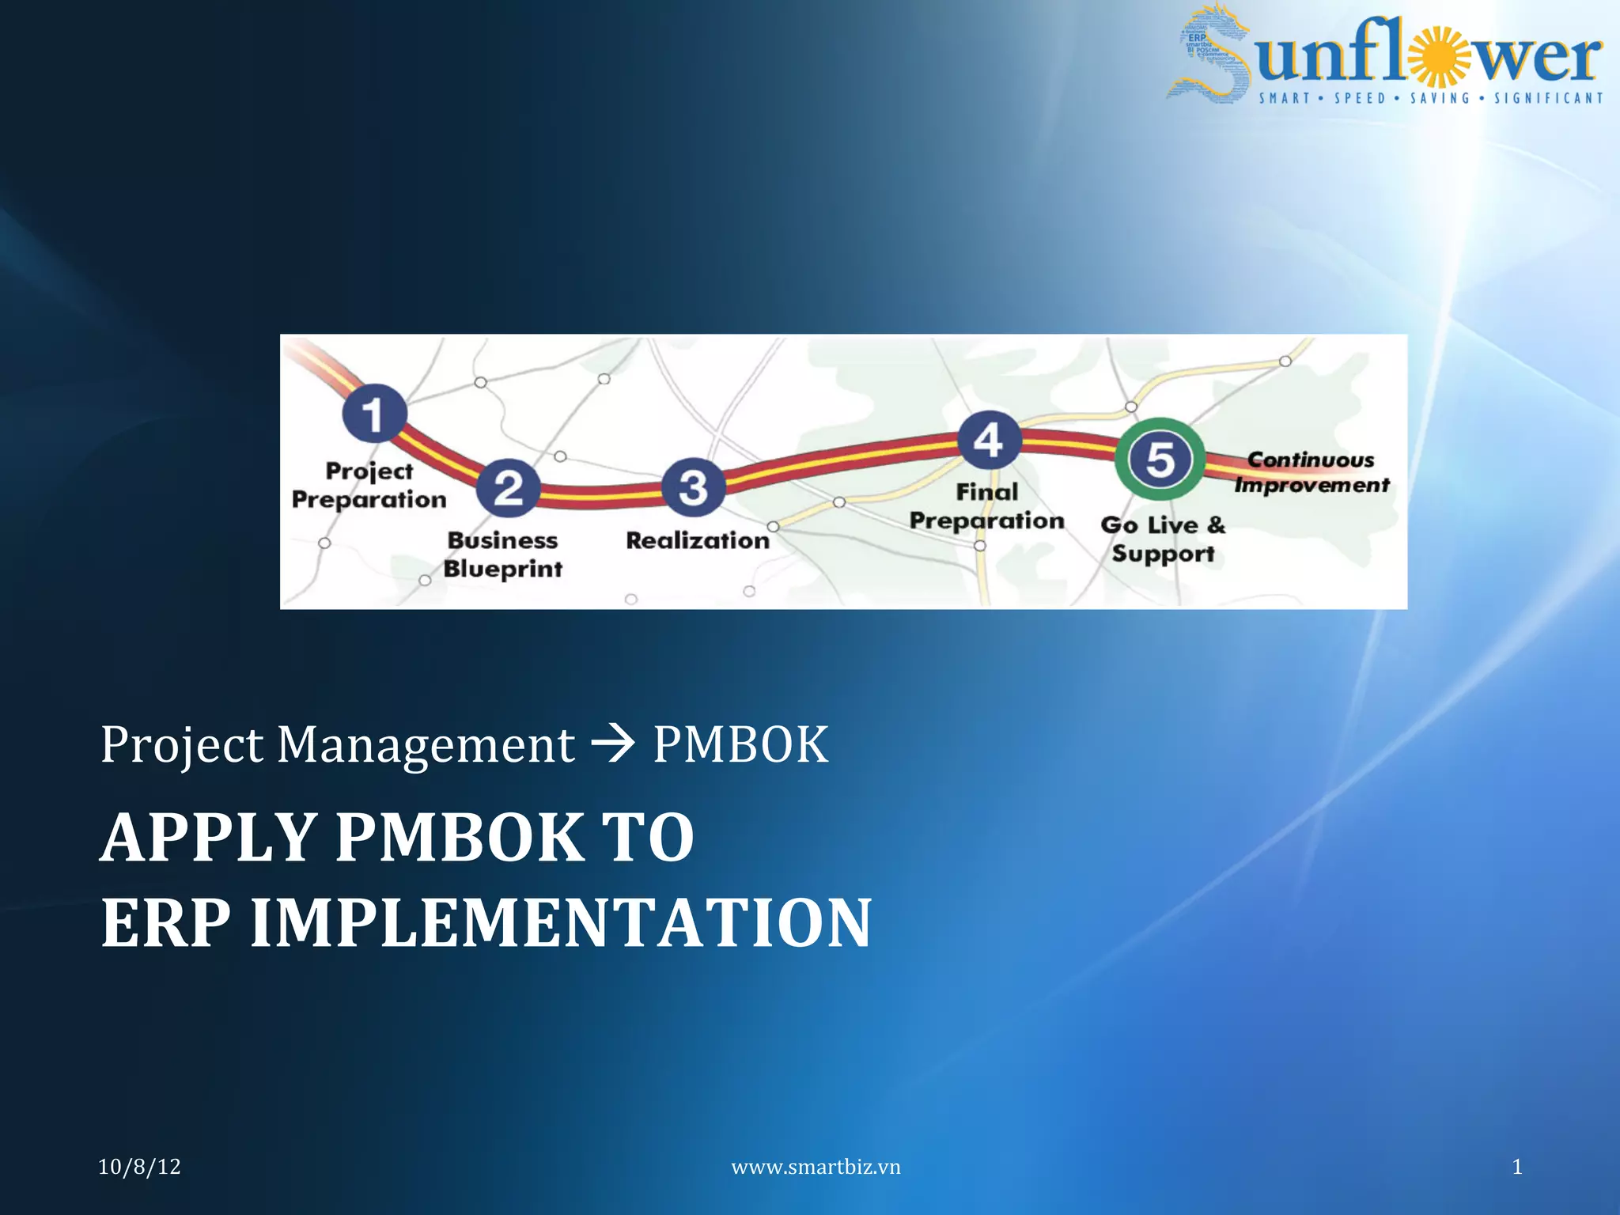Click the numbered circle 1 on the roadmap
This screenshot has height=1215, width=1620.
(374, 413)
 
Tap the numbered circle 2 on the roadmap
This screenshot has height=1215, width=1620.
(509, 487)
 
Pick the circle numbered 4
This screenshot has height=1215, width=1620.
(989, 440)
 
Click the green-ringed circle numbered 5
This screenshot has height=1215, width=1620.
(1160, 459)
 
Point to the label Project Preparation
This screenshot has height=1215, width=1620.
(369, 485)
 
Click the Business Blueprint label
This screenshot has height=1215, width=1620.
(503, 555)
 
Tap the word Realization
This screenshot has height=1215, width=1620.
(697, 540)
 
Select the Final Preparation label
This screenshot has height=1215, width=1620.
(986, 506)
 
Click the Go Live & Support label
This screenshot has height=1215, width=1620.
(1162, 539)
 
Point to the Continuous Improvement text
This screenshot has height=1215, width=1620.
(1312, 472)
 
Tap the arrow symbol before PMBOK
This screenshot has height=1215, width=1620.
(613, 744)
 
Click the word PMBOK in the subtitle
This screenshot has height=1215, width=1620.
(740, 744)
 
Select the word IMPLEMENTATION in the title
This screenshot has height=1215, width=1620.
(561, 922)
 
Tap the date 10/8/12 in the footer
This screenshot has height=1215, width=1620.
(139, 1167)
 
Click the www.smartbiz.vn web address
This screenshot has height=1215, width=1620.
(816, 1167)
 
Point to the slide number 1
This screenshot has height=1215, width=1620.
(1516, 1167)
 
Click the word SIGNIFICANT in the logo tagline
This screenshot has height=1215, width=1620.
(1548, 98)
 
